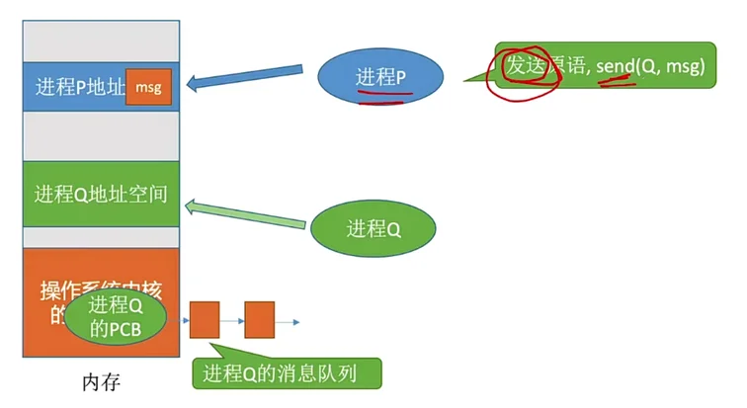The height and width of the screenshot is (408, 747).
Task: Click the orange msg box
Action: point(148,87)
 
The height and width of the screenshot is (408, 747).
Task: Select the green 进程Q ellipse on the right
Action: point(373,229)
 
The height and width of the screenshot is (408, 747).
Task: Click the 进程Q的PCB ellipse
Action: point(117,318)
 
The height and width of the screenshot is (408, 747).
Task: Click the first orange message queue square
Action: point(205,320)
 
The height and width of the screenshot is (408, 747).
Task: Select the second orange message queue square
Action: point(259,320)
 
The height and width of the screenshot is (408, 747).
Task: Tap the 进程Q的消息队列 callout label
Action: point(286,372)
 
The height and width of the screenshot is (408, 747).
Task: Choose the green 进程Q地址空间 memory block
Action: point(101,194)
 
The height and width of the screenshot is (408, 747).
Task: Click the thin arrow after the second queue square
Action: point(287,321)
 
